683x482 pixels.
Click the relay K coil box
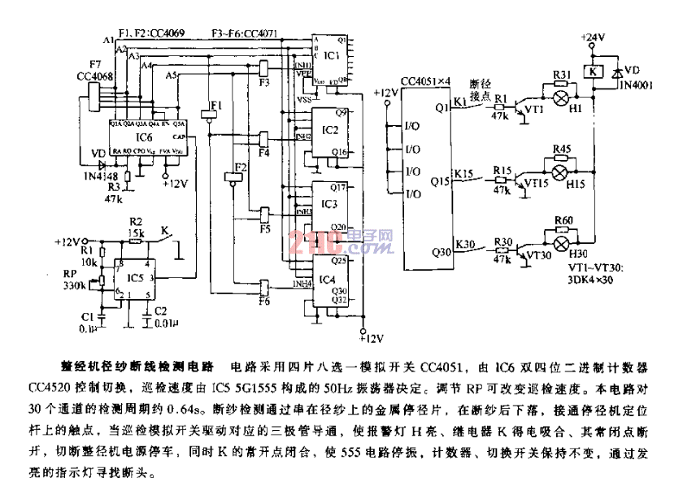tap(594, 72)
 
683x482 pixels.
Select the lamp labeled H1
tap(576, 111)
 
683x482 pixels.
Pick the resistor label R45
tap(561, 149)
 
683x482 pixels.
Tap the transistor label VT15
tap(537, 185)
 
